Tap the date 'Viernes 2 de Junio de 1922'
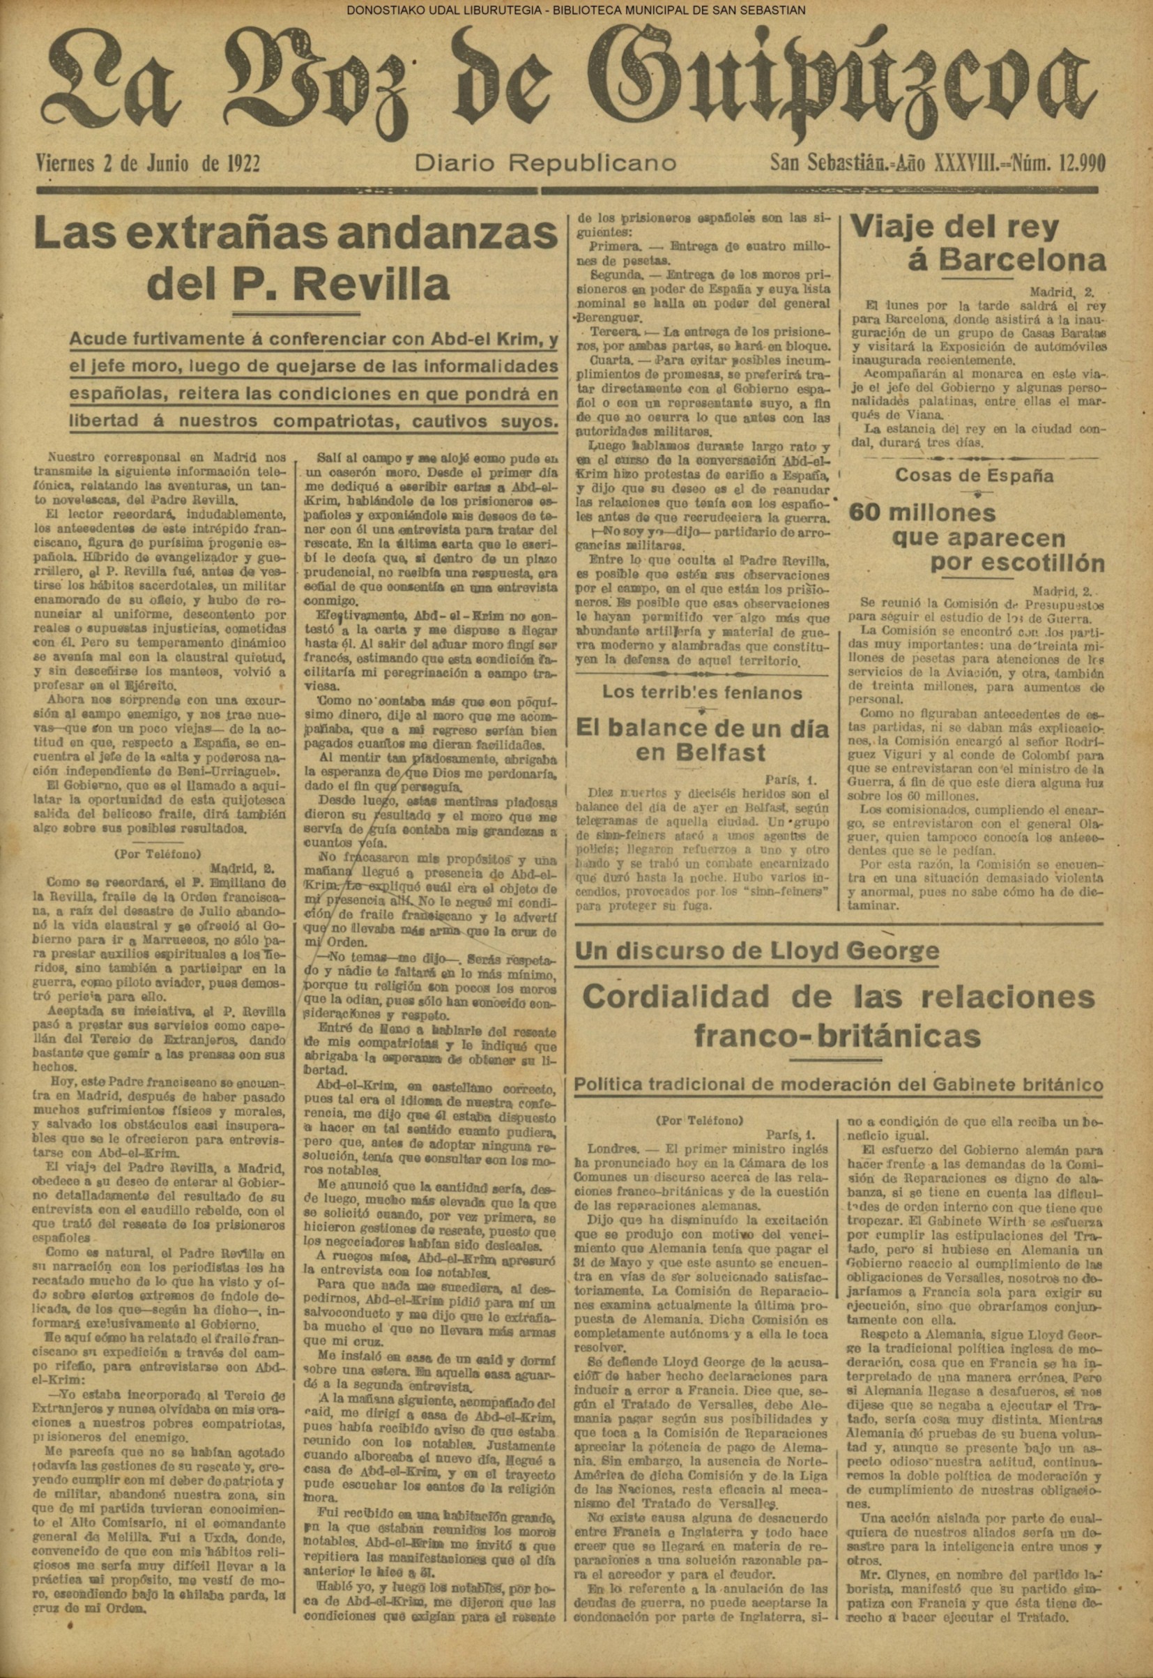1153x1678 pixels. [x=148, y=164]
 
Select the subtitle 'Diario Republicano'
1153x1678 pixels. [x=545, y=164]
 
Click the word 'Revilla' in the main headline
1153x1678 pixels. [x=372, y=283]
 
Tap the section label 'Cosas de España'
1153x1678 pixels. [x=973, y=476]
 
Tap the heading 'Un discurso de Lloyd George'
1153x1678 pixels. [x=756, y=951]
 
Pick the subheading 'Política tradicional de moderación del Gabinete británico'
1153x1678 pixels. [x=838, y=1086]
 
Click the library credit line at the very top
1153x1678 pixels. [x=576, y=10]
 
